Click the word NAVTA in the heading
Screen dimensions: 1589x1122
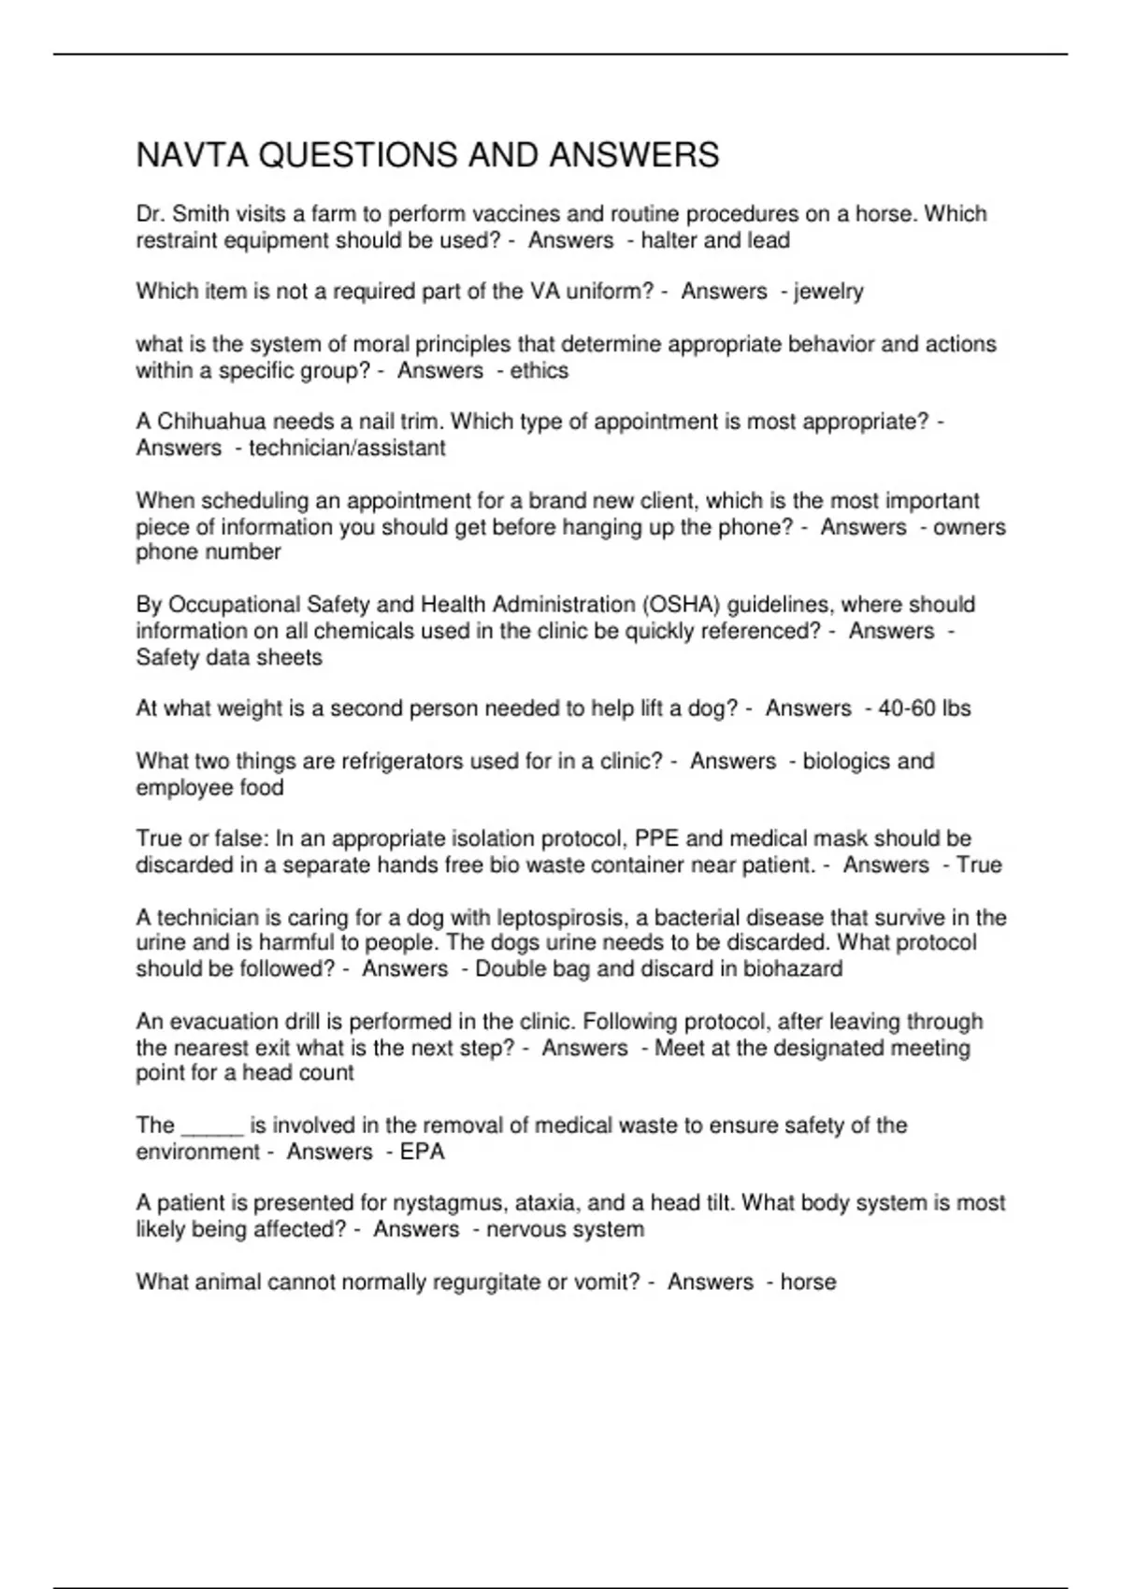click(192, 155)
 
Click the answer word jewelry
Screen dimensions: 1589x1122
click(828, 292)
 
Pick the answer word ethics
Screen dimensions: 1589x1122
click(539, 371)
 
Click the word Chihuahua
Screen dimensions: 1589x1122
click(211, 422)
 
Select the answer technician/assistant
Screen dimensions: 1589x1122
click(347, 448)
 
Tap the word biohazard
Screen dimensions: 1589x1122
click(793, 969)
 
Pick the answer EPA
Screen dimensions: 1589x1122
click(423, 1152)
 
